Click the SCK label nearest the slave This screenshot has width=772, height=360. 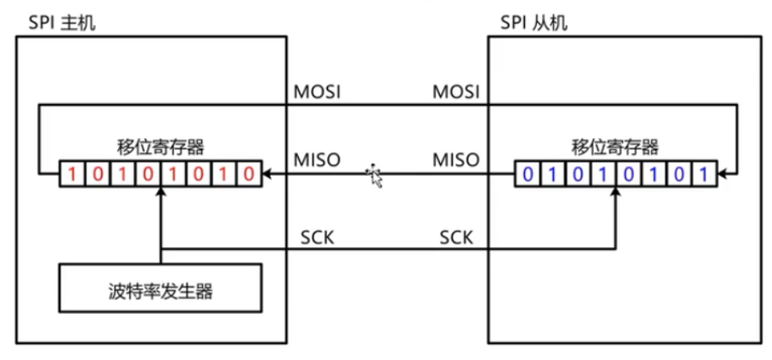457,237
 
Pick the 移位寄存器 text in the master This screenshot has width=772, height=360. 161,148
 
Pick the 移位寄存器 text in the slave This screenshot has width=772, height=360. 615,148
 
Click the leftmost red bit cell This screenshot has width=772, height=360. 72,174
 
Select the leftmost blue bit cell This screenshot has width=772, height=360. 527,174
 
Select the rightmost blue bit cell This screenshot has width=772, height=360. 704,174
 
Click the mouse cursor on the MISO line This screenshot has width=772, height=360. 375,176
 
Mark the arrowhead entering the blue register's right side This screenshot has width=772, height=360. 721,174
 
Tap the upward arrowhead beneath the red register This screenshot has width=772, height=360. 162,190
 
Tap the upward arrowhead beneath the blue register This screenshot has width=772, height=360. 615,190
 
